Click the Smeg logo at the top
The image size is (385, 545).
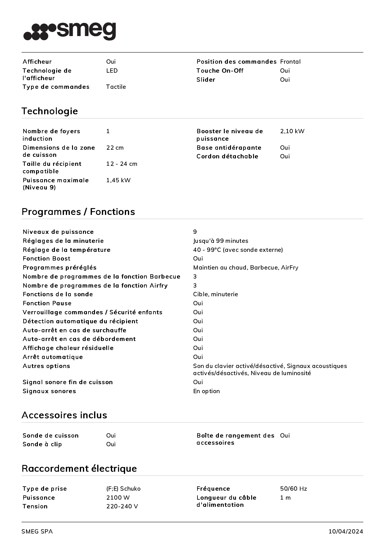click(x=70, y=31)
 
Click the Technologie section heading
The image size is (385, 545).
click(x=50, y=111)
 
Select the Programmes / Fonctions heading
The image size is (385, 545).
click(x=78, y=212)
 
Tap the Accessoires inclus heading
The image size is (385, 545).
click(x=64, y=415)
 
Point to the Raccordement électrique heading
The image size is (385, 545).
click(x=79, y=468)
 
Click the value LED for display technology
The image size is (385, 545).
click(x=112, y=71)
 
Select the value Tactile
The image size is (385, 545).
click(x=116, y=87)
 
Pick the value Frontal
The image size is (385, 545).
click(x=290, y=62)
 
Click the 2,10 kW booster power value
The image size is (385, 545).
click(x=292, y=131)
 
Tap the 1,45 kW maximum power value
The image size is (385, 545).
click(x=118, y=180)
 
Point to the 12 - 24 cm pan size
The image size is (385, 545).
click(x=122, y=164)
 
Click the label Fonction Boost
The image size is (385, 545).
click(x=47, y=259)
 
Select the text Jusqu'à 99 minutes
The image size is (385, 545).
click(x=220, y=241)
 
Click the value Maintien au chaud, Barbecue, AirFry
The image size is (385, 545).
click(x=246, y=268)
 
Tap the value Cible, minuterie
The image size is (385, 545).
click(x=215, y=294)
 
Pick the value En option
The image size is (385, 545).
click(x=206, y=391)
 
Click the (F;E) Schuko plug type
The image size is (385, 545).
click(x=123, y=489)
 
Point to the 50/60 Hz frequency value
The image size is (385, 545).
click(x=293, y=489)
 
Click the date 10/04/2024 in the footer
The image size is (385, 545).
click(x=346, y=532)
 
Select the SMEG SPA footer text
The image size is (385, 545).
click(x=37, y=532)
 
